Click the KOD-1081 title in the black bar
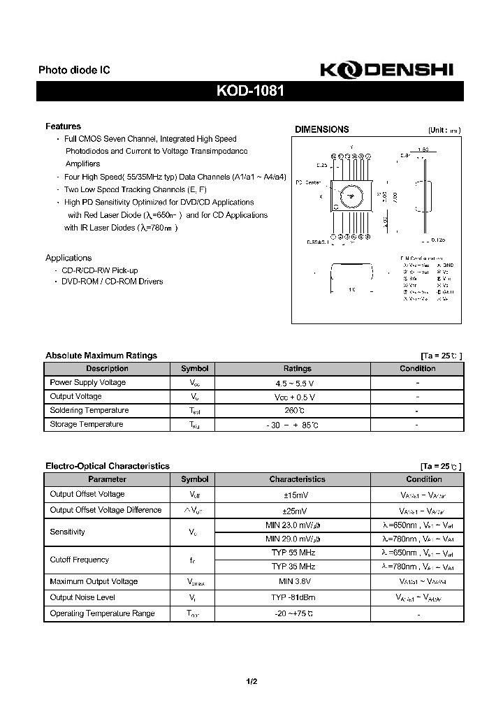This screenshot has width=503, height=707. tap(250, 92)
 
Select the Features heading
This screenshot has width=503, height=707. tap(63, 126)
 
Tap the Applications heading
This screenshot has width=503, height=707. tap(68, 258)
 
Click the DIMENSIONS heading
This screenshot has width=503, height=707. tap(321, 129)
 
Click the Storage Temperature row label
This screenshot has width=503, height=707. tap(87, 425)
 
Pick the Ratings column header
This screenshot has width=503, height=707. tap(297, 369)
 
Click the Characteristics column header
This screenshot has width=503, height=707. tap(297, 480)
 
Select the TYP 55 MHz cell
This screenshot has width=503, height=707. tap(293, 553)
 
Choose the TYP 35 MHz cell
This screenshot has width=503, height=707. tap(293, 567)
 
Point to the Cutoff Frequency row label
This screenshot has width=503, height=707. tap(80, 560)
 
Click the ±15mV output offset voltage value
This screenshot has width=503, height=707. tap(297, 495)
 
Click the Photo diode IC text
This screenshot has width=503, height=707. tap(74, 71)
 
